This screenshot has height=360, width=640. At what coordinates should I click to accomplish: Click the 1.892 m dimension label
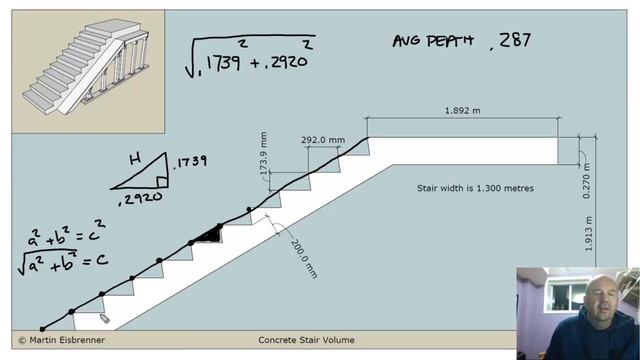click(463, 111)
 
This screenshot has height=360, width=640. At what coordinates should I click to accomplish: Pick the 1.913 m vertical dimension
click(590, 237)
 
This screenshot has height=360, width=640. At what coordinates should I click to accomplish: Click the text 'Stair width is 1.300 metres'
click(475, 188)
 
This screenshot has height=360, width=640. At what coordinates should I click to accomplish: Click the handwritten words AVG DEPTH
click(431, 41)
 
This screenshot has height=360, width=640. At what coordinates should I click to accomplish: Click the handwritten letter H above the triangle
click(134, 158)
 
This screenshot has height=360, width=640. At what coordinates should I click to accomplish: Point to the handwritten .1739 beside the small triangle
click(189, 163)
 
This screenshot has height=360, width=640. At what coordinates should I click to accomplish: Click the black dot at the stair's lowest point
click(42, 329)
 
